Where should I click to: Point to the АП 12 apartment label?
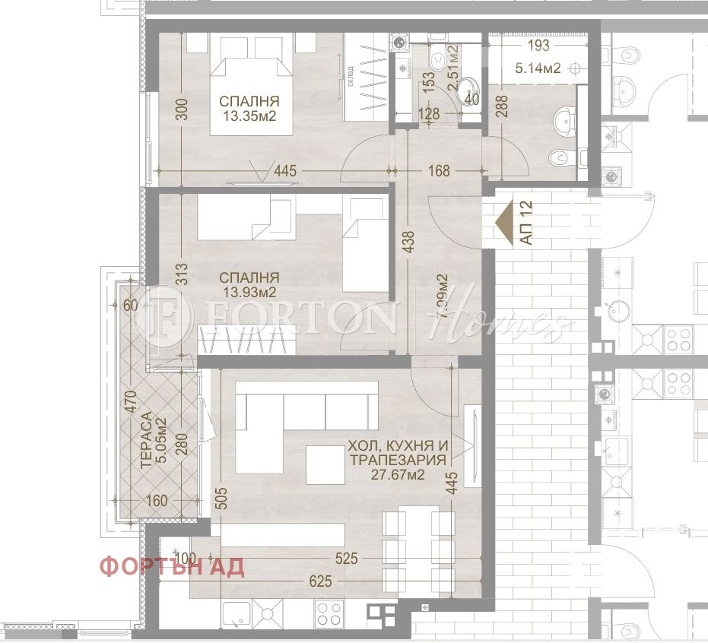tap(526, 222)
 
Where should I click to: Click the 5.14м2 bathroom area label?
tap(538, 68)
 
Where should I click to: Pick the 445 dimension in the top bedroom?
tap(284, 172)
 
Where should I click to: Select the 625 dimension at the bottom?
tap(320, 581)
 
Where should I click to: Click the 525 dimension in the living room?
tap(346, 559)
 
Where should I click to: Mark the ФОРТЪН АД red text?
tap(172, 567)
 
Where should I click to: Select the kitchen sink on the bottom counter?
tap(237, 613)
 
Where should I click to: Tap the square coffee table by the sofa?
tap(325, 464)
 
